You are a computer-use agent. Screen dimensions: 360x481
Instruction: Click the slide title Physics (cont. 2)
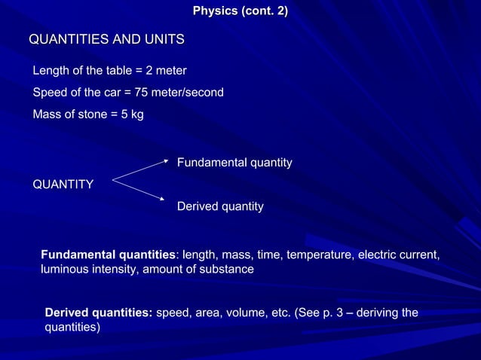(x=240, y=12)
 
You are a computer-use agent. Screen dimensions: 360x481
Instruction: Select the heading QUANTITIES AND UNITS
(x=106, y=39)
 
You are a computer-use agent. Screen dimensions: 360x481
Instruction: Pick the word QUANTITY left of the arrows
(x=63, y=184)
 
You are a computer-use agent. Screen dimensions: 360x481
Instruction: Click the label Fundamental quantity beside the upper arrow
(x=234, y=163)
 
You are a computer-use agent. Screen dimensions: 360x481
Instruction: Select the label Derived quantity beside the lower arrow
(x=219, y=206)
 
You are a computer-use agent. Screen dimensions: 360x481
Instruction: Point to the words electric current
(x=398, y=255)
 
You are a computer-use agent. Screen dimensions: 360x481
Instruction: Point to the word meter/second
(x=189, y=93)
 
